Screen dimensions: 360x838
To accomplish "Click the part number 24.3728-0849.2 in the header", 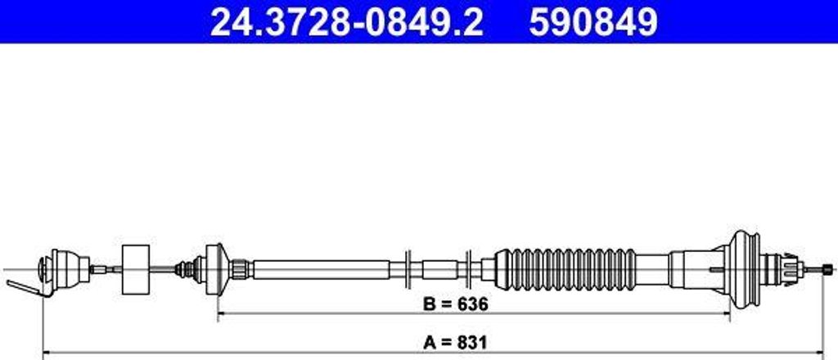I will click(346, 22).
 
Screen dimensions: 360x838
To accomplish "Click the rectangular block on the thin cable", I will click(135, 269).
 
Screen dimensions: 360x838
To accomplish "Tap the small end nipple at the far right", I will click(830, 268).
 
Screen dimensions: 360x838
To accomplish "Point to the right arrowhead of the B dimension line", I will click(725, 313).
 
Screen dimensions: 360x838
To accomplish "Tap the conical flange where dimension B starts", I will click(214, 268).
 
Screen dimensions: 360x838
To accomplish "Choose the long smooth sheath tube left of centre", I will click(319, 268).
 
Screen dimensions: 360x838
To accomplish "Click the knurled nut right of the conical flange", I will click(239, 268).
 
